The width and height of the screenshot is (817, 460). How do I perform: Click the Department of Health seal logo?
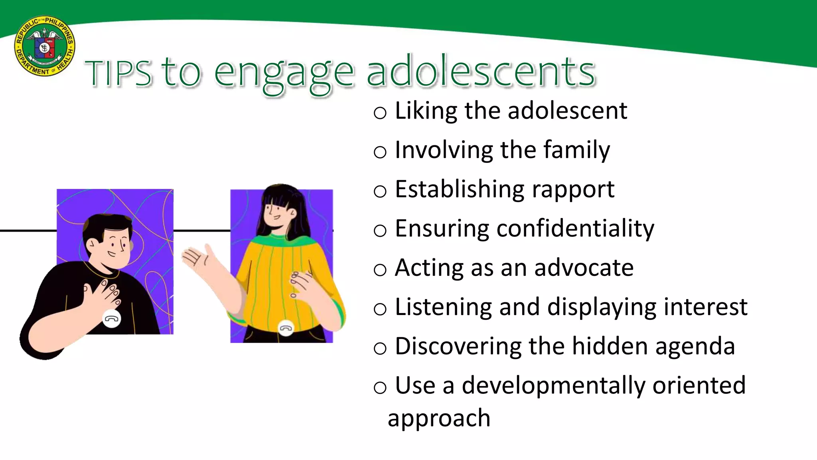[x=45, y=46]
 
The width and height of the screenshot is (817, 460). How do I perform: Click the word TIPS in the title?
[x=118, y=73]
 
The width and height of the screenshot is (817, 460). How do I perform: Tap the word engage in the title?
[x=284, y=74]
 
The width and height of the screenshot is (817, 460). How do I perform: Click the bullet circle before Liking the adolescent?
[x=380, y=113]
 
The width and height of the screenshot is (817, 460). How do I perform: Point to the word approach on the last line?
[x=439, y=418]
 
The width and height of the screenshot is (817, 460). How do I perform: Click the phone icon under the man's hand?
[x=112, y=319]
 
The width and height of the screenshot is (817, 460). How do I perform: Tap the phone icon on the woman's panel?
[x=286, y=328]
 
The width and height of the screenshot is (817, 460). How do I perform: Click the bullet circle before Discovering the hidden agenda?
[x=380, y=348]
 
